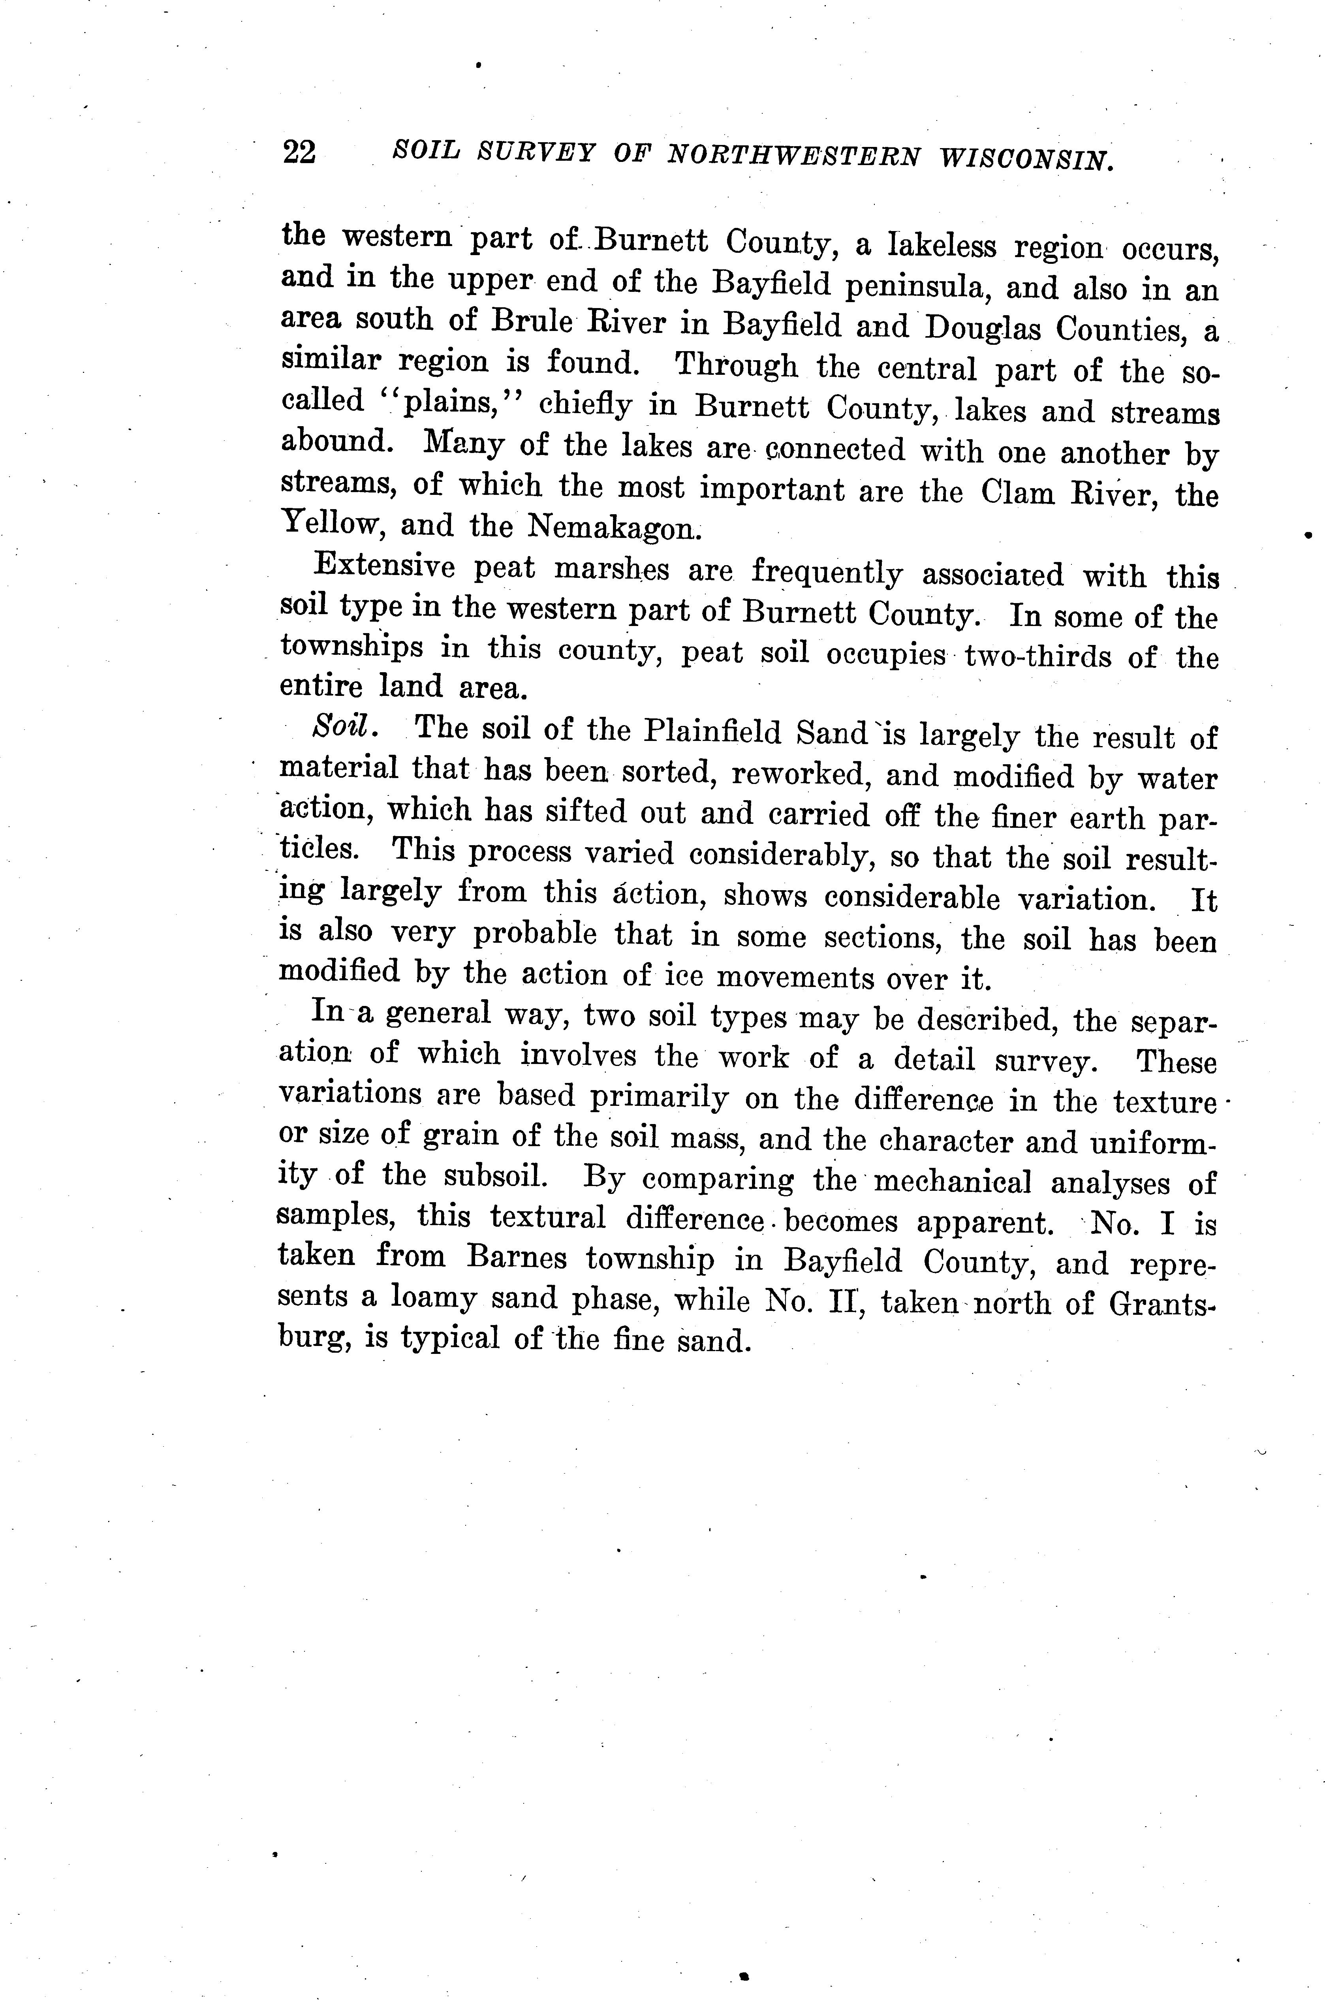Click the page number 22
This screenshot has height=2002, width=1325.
299,152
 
